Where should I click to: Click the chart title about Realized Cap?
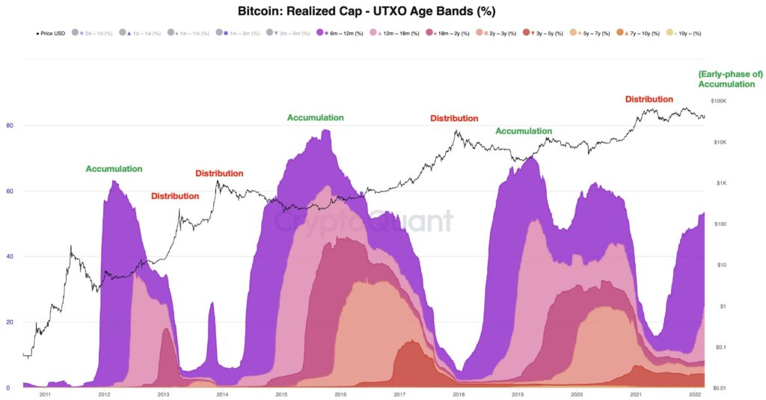(x=367, y=11)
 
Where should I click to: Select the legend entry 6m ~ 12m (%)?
(x=343, y=34)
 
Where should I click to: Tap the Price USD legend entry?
(x=52, y=34)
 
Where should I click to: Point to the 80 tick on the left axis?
(x=9, y=125)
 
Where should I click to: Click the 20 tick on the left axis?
(x=9, y=322)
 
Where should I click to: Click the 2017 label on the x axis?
(x=399, y=394)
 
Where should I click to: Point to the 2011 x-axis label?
(x=45, y=394)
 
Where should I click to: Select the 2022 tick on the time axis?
(x=695, y=394)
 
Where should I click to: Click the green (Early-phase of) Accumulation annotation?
(x=726, y=79)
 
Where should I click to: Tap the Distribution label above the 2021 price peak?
(x=649, y=99)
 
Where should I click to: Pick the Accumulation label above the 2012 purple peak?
(x=114, y=169)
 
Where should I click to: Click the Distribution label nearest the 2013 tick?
(x=175, y=196)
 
